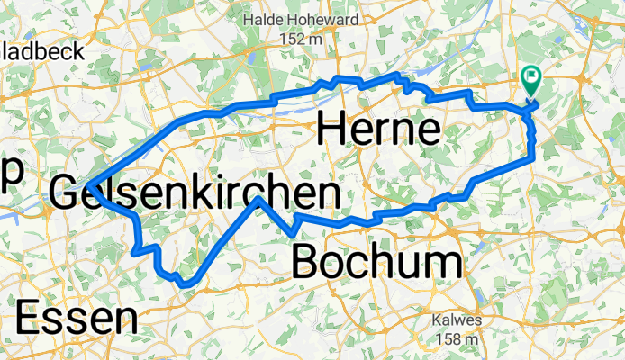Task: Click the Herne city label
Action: point(378,132)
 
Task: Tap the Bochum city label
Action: point(379,263)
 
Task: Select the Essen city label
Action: point(77,319)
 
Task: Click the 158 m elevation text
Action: point(457,338)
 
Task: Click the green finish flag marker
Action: point(530,83)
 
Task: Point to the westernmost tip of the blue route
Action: point(89,185)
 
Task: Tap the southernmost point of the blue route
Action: point(186,284)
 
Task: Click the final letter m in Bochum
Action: point(446,263)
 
